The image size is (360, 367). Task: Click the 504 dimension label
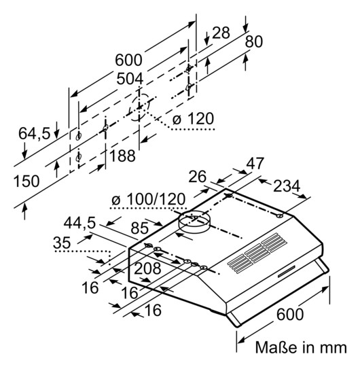pyautogui.click(x=130, y=79)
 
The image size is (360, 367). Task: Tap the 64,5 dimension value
pyautogui.click(x=35, y=134)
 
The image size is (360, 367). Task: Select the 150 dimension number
pyautogui.click(x=26, y=181)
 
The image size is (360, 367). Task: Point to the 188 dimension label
pyautogui.click(x=122, y=156)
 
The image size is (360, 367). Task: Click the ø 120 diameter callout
pyautogui.click(x=193, y=119)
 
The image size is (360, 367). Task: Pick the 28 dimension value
pyautogui.click(x=221, y=33)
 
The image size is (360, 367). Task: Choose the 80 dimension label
pyautogui.click(x=254, y=41)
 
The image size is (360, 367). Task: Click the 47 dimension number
pyautogui.click(x=255, y=163)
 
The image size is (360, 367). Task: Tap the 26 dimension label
pyautogui.click(x=198, y=177)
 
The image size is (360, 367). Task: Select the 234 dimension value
pyautogui.click(x=287, y=186)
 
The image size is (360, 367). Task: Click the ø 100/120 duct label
pyautogui.click(x=149, y=199)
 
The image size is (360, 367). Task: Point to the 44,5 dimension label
pyautogui.click(x=79, y=223)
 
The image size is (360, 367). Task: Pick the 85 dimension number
pyautogui.click(x=140, y=228)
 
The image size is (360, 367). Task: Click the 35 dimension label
pyautogui.click(x=62, y=243)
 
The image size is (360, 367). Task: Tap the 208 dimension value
pyautogui.click(x=147, y=268)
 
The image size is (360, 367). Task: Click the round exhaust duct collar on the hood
pyautogui.click(x=195, y=222)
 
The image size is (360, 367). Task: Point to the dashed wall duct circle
pyautogui.click(x=140, y=107)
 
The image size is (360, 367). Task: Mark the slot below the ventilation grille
pyautogui.click(x=287, y=272)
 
